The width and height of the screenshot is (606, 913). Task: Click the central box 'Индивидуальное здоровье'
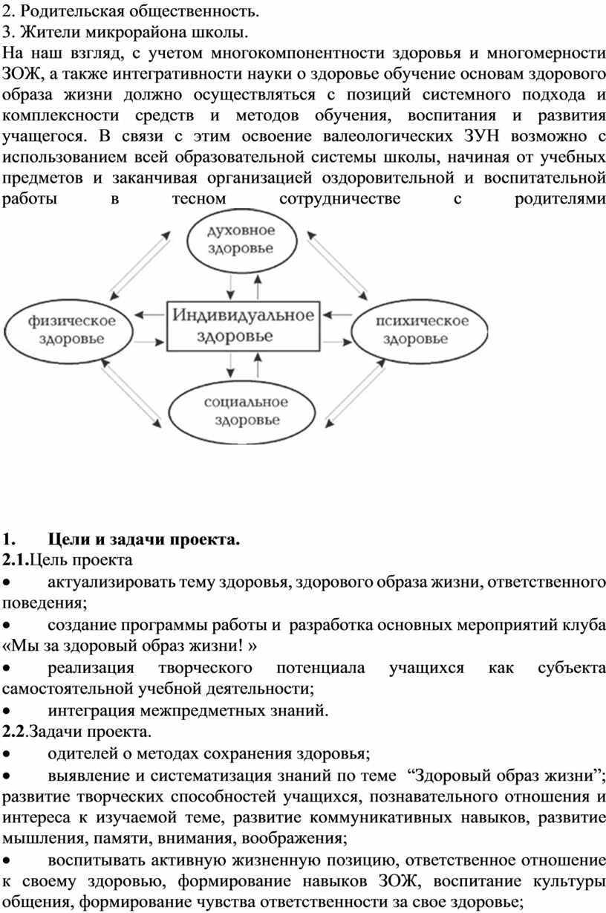tap(244, 325)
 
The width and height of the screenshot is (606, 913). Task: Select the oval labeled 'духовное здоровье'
tap(241, 241)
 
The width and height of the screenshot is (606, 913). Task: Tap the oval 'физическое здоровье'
tap(68, 331)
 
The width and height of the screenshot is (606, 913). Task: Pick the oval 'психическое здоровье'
tap(420, 331)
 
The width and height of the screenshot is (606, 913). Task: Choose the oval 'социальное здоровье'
tap(242, 412)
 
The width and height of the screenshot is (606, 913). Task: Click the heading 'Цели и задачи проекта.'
tap(144, 539)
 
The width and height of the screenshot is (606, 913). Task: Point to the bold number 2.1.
tap(16, 560)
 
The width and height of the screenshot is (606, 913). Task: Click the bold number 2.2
tap(14, 732)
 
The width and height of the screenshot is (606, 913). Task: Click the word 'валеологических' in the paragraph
tap(388, 136)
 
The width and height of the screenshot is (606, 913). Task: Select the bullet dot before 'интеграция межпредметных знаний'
tap(6, 711)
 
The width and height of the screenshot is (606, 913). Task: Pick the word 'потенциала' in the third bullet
tap(320, 669)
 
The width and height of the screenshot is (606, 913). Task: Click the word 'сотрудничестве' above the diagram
tap(340, 199)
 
